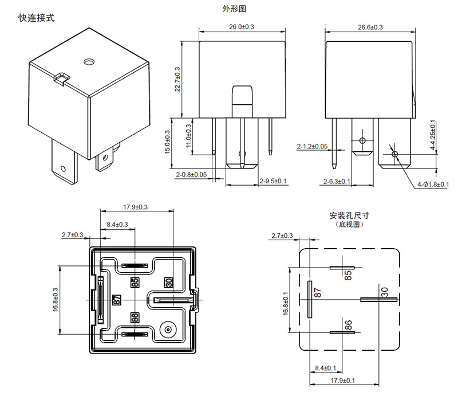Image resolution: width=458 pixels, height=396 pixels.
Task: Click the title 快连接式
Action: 37,18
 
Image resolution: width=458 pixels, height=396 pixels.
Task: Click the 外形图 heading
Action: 234,9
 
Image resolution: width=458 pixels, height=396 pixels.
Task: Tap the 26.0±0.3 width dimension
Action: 242,27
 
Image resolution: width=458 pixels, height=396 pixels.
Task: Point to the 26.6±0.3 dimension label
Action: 370,27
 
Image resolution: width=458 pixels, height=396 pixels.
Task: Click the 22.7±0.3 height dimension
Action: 177,79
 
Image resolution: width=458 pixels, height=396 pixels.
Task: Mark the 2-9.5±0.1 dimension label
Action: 273,181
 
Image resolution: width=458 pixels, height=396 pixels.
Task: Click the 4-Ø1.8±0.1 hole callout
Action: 434,184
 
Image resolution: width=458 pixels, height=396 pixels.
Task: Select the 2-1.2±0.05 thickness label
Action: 312,147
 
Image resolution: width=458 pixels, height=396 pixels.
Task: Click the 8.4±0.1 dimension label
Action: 326,368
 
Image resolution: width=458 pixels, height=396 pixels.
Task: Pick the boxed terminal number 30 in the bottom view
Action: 168,283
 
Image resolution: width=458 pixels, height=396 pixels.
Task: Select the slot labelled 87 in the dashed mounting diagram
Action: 310,299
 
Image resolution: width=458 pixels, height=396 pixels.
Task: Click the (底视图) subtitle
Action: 349,225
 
